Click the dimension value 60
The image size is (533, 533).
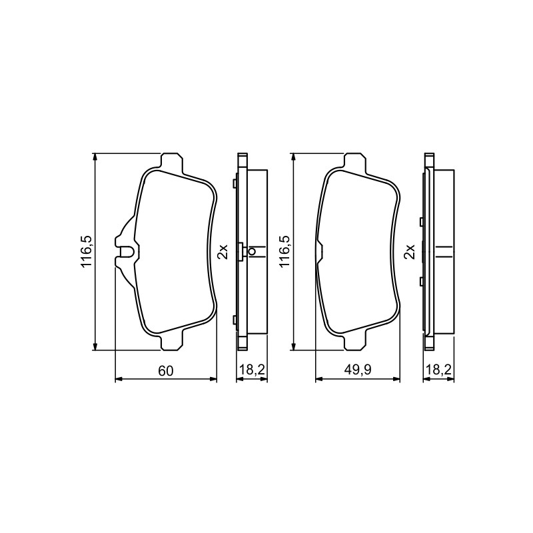click(x=166, y=371)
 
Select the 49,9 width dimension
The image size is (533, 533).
click(x=358, y=370)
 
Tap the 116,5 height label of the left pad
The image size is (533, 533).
click(x=87, y=251)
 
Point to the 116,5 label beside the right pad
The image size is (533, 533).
click(x=285, y=251)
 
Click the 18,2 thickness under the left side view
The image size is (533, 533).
click(x=253, y=370)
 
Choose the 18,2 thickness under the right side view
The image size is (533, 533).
click(x=439, y=370)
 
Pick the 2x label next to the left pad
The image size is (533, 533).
click(x=223, y=252)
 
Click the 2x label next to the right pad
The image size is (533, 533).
click(x=410, y=252)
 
